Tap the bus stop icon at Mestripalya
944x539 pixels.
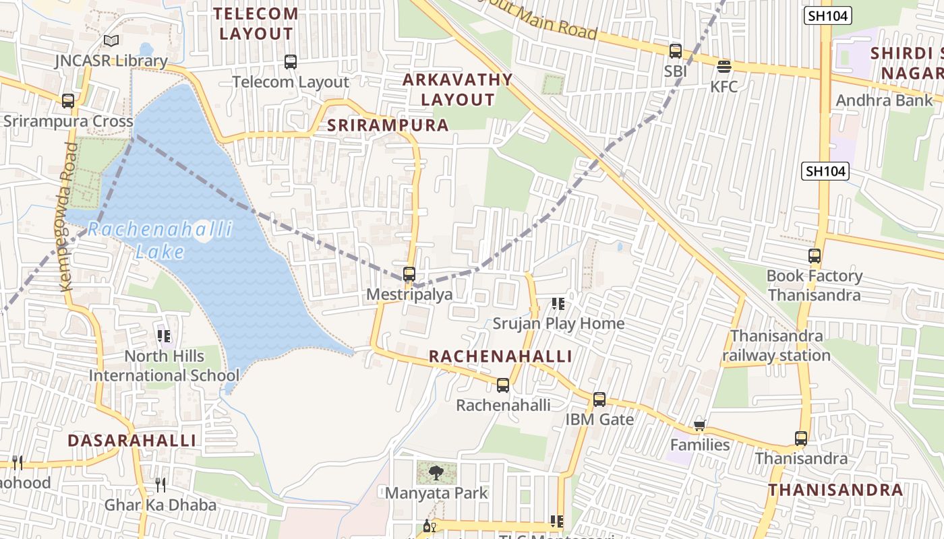(409, 274)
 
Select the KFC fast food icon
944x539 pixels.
(724, 66)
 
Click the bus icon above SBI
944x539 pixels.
(675, 51)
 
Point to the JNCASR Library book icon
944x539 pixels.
(111, 41)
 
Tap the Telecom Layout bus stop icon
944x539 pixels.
(291, 62)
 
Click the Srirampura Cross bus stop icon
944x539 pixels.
(68, 101)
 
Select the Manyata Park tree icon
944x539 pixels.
(436, 472)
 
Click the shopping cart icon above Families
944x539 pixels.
(700, 425)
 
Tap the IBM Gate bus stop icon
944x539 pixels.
(599, 400)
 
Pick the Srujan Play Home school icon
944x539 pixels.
(558, 304)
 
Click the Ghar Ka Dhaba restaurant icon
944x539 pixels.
(160, 484)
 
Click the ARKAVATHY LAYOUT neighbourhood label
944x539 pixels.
(458, 90)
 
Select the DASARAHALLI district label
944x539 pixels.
(132, 441)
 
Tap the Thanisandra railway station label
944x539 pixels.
(777, 346)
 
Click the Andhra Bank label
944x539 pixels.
(884, 100)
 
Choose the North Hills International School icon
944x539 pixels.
(164, 336)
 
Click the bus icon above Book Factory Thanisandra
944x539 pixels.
(815, 256)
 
